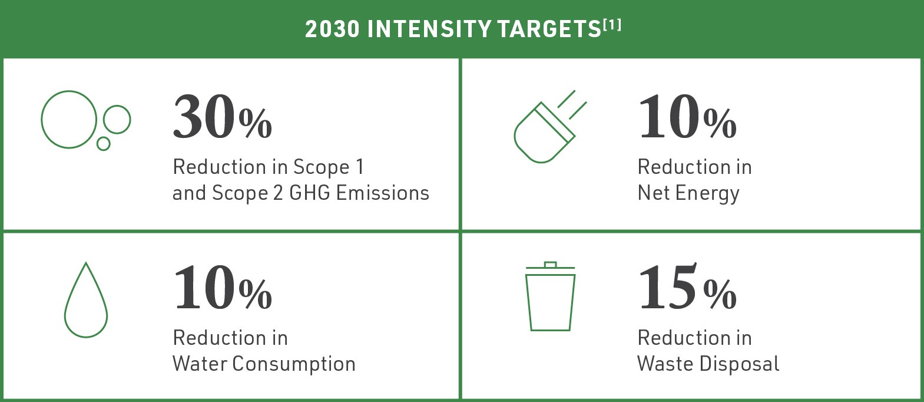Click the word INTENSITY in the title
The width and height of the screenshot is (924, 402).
click(x=429, y=29)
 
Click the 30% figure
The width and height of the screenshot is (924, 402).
click(x=222, y=117)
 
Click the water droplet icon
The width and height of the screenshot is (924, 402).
click(x=86, y=301)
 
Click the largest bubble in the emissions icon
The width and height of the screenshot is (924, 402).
click(x=68, y=119)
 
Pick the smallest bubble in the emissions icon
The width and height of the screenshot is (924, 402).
click(x=104, y=143)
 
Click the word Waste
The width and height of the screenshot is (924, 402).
click(x=665, y=364)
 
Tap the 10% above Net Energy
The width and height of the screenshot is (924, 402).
click(x=687, y=117)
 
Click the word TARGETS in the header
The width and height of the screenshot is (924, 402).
click(x=540, y=29)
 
